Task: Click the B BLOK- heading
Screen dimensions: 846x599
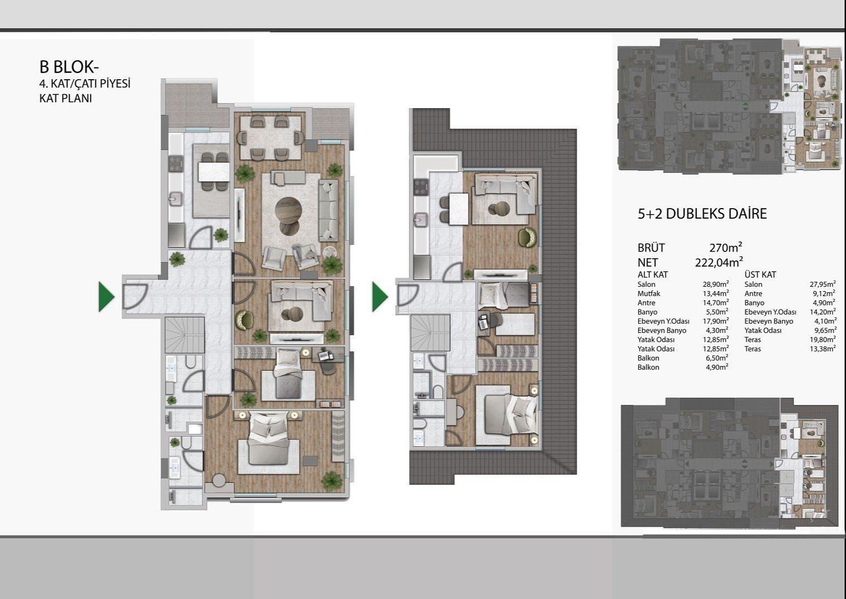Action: click(69, 67)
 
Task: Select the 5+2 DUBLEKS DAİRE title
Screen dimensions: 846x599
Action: click(702, 214)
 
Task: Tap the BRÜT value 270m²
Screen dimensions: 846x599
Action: click(726, 248)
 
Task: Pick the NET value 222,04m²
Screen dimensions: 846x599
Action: click(719, 262)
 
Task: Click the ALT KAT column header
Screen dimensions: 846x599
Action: click(652, 274)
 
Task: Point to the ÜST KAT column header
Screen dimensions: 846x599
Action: click(760, 274)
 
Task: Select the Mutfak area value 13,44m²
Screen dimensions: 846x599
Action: click(716, 293)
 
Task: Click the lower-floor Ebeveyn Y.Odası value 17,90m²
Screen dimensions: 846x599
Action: click(716, 321)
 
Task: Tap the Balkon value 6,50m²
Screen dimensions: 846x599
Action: click(717, 358)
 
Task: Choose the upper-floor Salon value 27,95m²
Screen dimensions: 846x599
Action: click(823, 284)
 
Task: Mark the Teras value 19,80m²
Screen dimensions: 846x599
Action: click(823, 339)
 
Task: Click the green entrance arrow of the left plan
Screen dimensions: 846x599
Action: click(106, 297)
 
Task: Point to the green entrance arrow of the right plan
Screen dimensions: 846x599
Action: click(380, 297)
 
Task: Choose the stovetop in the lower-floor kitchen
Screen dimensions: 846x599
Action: click(176, 163)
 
